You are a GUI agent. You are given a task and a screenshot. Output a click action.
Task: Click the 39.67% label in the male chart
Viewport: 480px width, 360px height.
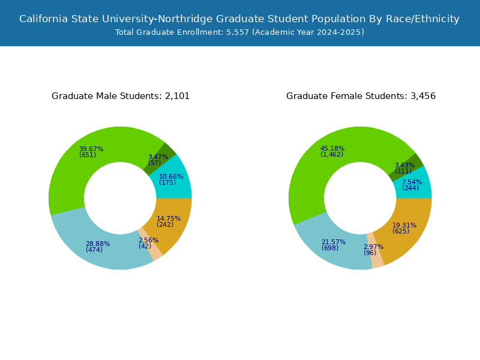point(91,149)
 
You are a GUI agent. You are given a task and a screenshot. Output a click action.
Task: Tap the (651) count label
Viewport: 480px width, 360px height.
point(88,155)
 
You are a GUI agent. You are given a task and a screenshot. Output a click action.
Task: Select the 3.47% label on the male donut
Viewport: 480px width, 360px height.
point(158,157)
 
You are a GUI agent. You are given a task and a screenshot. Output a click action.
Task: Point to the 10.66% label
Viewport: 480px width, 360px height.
point(172,176)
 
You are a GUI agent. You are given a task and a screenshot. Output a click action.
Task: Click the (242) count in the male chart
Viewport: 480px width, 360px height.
point(165,225)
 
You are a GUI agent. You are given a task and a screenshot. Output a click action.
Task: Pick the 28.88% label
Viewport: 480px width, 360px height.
point(98,244)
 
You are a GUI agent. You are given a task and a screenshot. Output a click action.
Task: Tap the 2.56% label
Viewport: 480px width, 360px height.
point(148,240)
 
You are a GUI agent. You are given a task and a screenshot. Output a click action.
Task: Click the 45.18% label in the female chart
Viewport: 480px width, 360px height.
point(332,148)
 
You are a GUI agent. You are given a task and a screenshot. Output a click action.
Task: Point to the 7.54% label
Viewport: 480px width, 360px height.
point(412,182)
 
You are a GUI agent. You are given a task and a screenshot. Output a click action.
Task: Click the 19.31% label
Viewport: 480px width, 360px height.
point(404,225)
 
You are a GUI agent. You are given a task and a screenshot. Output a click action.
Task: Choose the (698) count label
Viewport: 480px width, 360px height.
point(330,248)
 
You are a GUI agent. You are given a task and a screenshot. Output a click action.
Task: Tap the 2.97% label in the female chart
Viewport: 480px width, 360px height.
point(373,247)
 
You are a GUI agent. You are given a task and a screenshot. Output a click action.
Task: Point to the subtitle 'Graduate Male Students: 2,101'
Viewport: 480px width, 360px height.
point(121,96)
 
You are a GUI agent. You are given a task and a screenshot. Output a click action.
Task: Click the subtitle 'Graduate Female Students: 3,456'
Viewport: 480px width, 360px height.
point(361,96)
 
